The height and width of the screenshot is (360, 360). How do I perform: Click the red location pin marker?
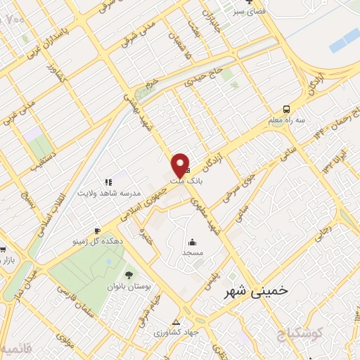point(180,165)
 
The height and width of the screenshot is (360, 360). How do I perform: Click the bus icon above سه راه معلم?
point(286,109)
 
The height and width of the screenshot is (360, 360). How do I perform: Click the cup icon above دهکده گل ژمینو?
point(96,230)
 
